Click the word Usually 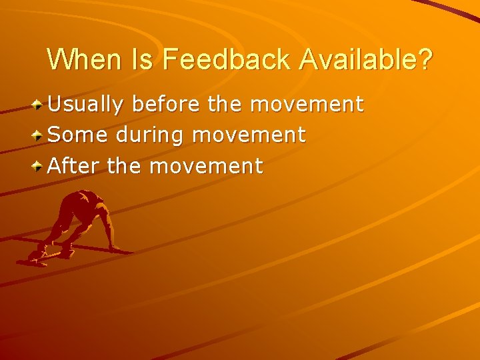click(86, 104)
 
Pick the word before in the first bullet click(167, 104)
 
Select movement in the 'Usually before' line click(307, 104)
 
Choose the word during click(151, 136)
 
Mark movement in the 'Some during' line click(249, 135)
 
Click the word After click(74, 165)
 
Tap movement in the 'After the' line click(206, 165)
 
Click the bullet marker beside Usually click(39, 105)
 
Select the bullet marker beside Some click(39, 135)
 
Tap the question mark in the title click(425, 59)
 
